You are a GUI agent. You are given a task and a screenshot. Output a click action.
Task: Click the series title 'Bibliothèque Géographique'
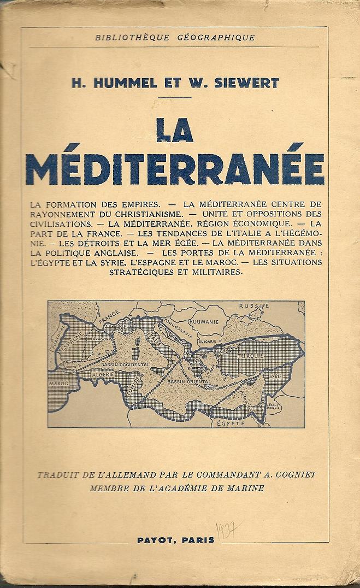click(x=175, y=38)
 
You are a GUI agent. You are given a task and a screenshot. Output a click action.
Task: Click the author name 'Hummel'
click(x=118, y=83)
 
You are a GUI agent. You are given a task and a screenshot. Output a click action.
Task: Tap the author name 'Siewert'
click(x=251, y=83)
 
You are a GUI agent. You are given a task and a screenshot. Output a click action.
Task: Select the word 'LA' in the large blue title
click(x=174, y=132)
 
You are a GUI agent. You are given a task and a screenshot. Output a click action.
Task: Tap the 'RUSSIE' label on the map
click(x=256, y=305)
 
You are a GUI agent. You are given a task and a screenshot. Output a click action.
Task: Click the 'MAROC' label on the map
click(x=59, y=384)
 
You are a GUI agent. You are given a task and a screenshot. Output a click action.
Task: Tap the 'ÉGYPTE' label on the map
click(x=229, y=422)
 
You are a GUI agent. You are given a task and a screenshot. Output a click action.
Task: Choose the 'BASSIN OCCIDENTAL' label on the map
click(x=125, y=364)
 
